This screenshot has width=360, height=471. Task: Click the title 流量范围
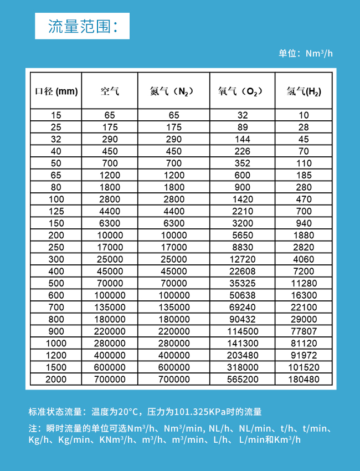coord(82,27)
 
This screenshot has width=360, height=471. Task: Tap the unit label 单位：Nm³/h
coord(305,54)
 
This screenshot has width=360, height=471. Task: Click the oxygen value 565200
coord(243,380)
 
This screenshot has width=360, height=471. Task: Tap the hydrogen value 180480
coord(304,380)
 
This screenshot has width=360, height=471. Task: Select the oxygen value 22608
coord(243,272)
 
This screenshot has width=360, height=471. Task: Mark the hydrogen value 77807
coord(304,331)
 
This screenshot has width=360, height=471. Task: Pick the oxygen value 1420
coord(243,199)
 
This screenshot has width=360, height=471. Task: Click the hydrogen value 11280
coord(304,283)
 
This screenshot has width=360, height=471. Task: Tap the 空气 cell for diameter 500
coord(110,283)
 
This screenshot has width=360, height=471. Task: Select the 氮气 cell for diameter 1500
coord(173,367)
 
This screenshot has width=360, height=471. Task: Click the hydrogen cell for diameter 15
coord(304,115)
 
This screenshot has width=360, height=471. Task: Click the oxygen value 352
coord(243,163)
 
